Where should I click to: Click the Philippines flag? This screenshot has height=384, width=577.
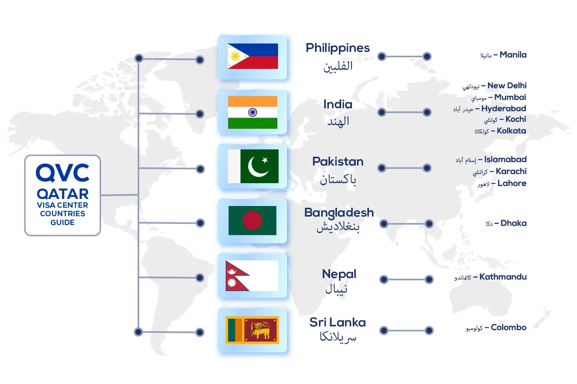tap(253, 56)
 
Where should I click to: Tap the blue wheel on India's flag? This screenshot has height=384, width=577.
tap(253, 113)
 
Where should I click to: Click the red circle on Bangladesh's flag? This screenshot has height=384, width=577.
tap(252, 220)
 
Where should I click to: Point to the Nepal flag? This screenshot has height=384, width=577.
tap(252, 276)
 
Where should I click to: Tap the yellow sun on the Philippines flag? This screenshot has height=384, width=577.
tap(235, 56)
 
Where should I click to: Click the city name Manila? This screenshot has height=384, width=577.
tap(513, 55)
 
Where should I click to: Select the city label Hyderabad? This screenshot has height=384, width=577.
tap(504, 109)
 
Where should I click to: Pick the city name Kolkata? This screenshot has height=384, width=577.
tap(511, 131)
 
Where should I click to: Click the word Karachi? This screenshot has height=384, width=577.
tap(511, 171)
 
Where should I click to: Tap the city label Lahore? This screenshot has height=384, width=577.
tap(512, 183)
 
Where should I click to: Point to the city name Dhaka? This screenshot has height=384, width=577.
tap(514, 223)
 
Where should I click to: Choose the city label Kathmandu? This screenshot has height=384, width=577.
tap(503, 277)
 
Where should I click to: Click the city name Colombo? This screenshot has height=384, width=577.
tap(509, 327)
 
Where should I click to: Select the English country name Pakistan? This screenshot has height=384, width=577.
tap(338, 162)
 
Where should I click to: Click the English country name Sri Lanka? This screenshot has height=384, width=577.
tap(337, 322)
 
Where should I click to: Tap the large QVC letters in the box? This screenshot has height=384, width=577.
tap(63, 173)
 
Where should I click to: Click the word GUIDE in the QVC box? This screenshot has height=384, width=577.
tap(63, 222)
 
